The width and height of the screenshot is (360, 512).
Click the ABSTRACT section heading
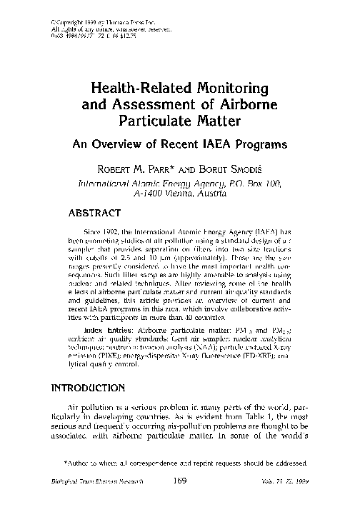tap(96, 212)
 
